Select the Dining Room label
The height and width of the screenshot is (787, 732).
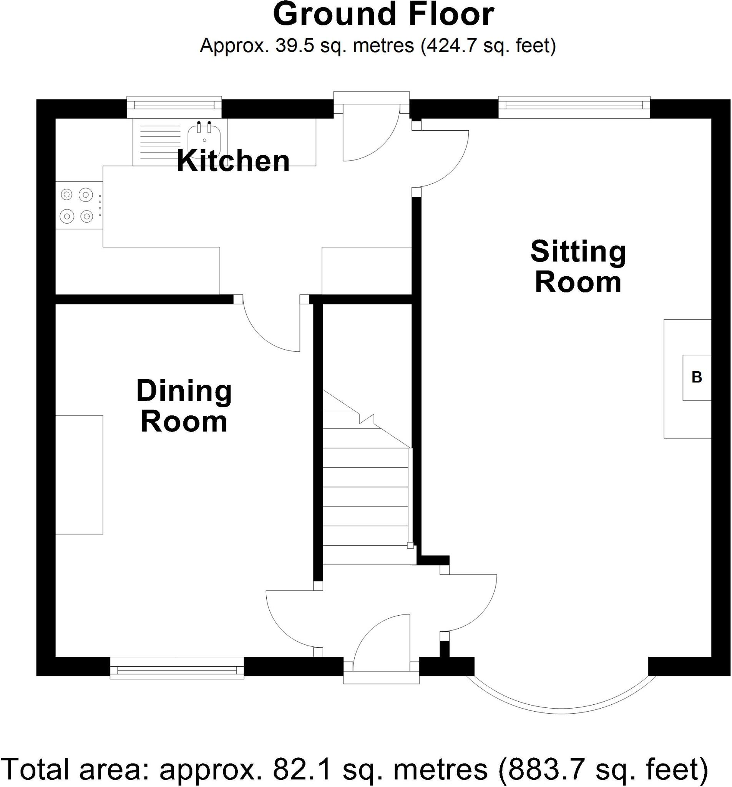184,406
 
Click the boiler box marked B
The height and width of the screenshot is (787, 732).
696,377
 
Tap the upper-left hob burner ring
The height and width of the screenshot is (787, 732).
66,195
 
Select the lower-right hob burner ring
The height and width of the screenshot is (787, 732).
86,216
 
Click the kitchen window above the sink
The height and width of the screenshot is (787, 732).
174,105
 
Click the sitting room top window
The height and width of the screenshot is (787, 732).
573,105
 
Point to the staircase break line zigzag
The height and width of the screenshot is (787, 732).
367,418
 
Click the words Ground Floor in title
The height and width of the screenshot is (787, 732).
383,15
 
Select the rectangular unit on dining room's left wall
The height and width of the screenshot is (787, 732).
79,474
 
